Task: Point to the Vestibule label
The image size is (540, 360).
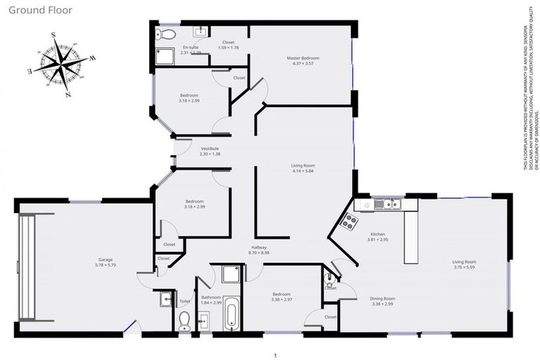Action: tap(210, 148)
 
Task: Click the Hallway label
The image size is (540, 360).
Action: tap(260, 247)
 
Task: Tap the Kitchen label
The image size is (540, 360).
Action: tap(378, 233)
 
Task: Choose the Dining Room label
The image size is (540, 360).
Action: tap(382, 299)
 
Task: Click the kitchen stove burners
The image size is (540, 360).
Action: tap(349, 222)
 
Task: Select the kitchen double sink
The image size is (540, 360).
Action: tap(387, 205)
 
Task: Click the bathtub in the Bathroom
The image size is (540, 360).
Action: tap(231, 314)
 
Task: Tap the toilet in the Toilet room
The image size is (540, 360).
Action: tap(184, 321)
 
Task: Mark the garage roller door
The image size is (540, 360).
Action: tap(27, 265)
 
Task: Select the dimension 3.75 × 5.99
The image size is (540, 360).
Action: tap(465, 267)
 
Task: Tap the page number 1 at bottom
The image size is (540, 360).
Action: tap(276, 355)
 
